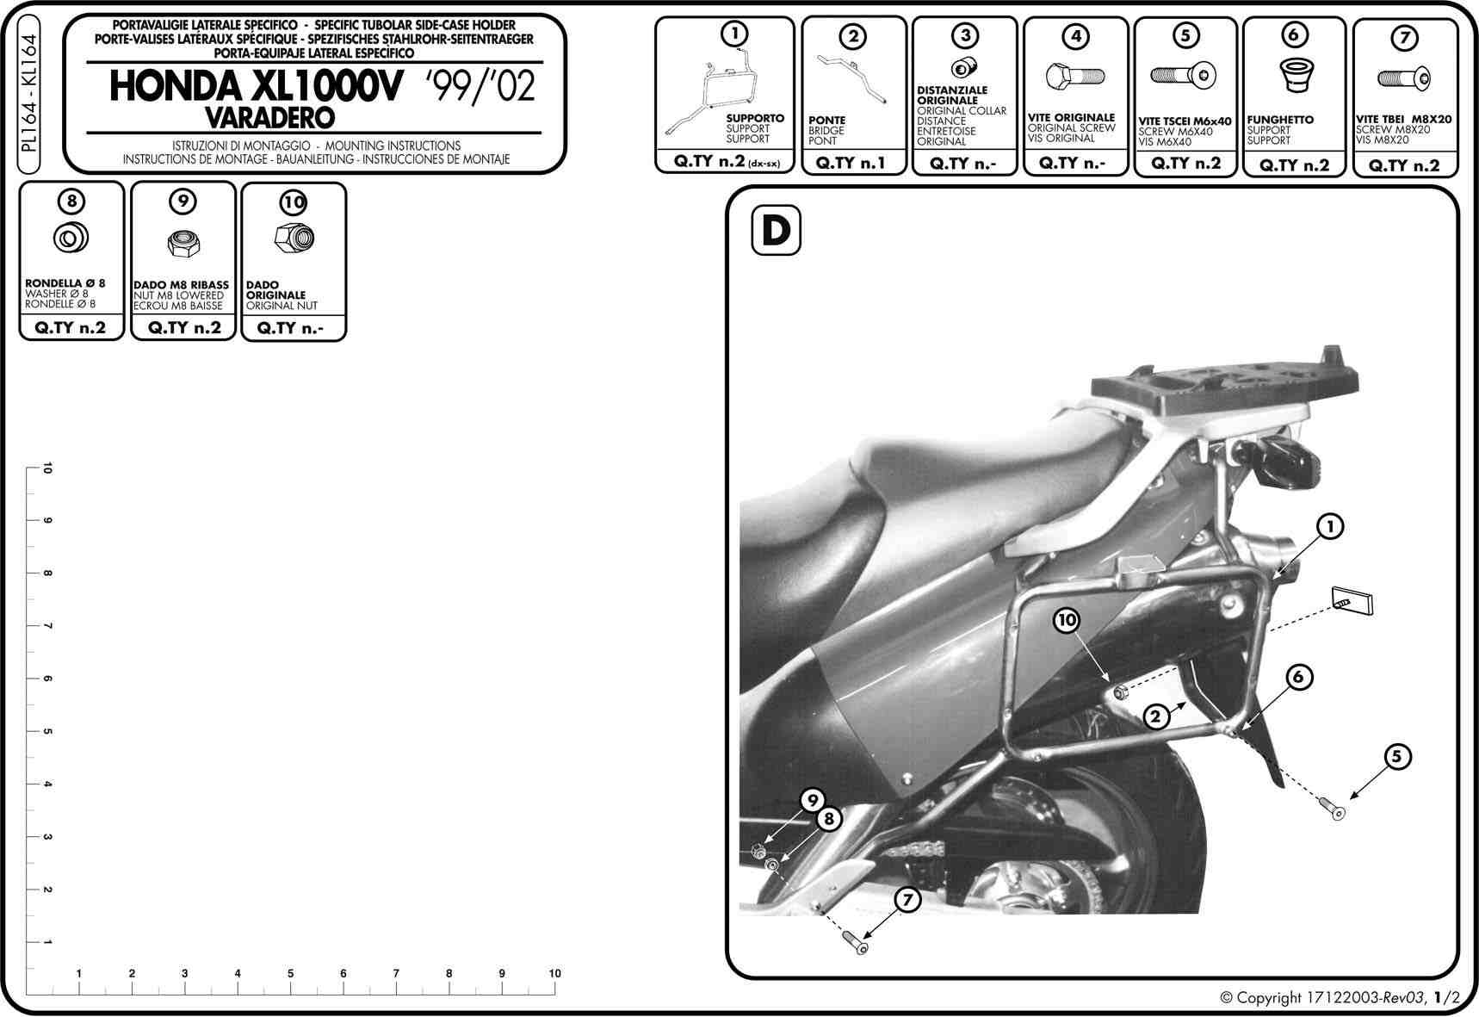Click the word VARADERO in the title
pos(269,116)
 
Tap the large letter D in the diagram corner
pos(776,231)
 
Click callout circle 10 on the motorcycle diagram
pos(1067,620)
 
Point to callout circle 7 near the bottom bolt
pos(907,900)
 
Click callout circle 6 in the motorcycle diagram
pos(1298,677)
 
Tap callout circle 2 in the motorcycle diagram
pos(1156,716)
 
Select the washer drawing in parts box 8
pos(71,238)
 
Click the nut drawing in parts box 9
pos(182,244)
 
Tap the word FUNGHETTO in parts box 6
pos(1280,120)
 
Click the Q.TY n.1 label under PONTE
pos(851,162)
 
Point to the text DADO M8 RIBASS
pos(182,285)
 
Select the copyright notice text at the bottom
pos(1340,998)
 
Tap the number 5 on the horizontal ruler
pos(290,973)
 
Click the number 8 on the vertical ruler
pos(46,574)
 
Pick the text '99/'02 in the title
pos(480,87)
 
